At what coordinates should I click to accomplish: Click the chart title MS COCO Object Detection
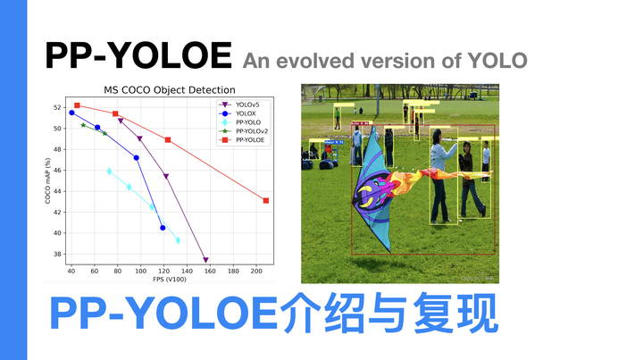(168, 90)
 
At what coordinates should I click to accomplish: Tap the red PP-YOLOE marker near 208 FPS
(266, 200)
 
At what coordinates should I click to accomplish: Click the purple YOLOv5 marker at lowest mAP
(205, 260)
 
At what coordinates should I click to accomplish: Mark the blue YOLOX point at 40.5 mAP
(163, 228)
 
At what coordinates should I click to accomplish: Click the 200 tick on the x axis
(255, 270)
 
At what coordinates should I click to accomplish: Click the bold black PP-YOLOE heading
(138, 55)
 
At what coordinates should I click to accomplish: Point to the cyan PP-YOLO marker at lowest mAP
(178, 240)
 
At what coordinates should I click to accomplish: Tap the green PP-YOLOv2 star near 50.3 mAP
(83, 125)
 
